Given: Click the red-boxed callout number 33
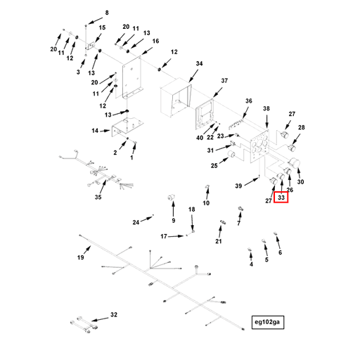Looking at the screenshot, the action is tap(281, 198).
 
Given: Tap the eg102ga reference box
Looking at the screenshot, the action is tap(268, 322).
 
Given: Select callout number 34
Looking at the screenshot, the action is tap(199, 63).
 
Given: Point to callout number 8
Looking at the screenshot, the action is tap(107, 13).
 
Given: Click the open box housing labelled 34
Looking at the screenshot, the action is tap(176, 97).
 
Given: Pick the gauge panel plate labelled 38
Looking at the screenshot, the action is tap(259, 146).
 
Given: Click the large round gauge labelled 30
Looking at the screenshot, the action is tap(295, 162).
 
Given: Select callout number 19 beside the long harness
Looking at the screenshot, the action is tap(80, 257).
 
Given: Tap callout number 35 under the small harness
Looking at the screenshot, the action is tap(98, 197).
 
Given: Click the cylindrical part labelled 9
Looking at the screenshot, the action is tap(172, 198).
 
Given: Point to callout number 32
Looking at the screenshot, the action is tap(114, 314).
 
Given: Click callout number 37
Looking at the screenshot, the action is tap(224, 81).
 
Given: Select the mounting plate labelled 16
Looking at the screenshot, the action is tap(131, 77).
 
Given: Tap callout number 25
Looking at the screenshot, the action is tap(214, 166).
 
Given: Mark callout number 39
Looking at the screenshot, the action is tap(238, 186).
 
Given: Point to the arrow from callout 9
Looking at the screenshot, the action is tap(173, 209).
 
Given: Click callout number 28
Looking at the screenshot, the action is tap(301, 127).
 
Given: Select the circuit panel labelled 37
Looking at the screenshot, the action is tap(205, 114).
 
